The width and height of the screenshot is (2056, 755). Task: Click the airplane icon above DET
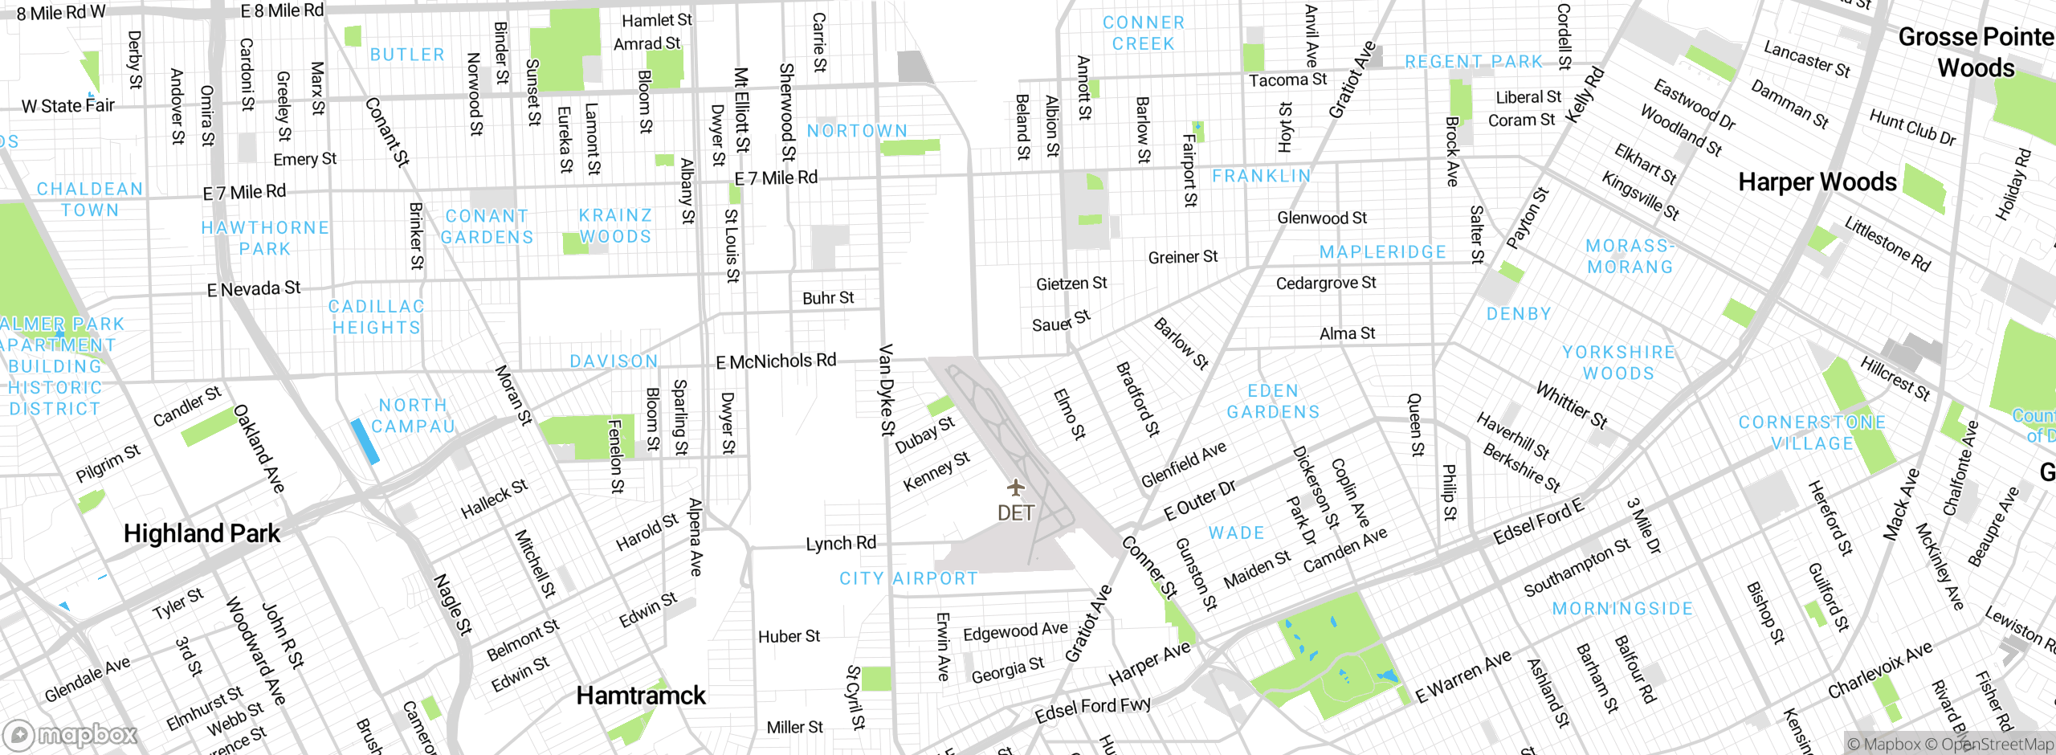(x=1016, y=488)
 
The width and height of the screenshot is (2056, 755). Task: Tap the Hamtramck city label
(x=641, y=696)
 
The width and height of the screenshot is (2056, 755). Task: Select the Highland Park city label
(x=202, y=533)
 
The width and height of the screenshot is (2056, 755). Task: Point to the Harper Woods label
(x=1817, y=182)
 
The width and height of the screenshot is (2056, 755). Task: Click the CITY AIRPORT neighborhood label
(x=908, y=578)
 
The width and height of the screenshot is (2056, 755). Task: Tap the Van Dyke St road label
(x=886, y=390)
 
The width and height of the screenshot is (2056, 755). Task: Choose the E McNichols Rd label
(x=776, y=361)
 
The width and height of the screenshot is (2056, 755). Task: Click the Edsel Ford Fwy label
(x=1092, y=709)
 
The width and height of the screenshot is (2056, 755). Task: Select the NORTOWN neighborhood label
(x=857, y=131)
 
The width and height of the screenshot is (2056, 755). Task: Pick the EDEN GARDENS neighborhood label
(x=1273, y=402)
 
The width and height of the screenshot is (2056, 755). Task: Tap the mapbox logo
(x=71, y=735)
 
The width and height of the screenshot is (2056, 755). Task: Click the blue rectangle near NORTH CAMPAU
(x=365, y=441)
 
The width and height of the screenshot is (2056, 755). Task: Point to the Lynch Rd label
(x=841, y=544)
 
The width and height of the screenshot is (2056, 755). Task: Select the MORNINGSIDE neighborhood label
(x=1622, y=609)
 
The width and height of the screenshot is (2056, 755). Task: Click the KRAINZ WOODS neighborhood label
(x=615, y=226)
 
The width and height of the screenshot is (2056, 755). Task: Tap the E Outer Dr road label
(x=1200, y=500)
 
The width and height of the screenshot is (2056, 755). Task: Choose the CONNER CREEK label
(x=1143, y=33)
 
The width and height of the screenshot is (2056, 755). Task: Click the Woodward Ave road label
(x=255, y=651)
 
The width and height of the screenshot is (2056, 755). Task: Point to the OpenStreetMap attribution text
(x=1997, y=745)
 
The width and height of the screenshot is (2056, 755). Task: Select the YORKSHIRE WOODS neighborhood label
(x=1618, y=362)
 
